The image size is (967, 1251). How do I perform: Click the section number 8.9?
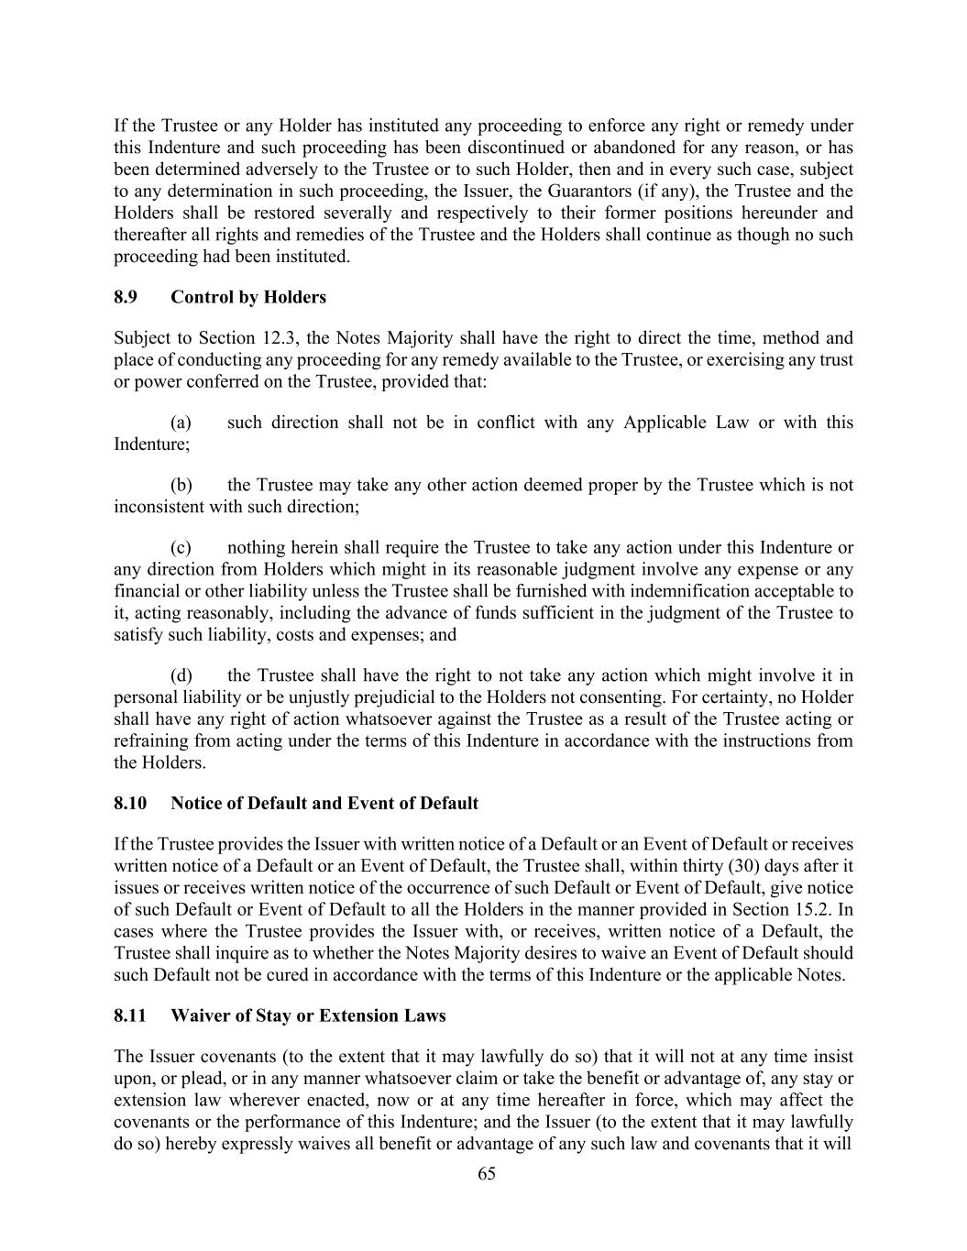pyautogui.click(x=126, y=298)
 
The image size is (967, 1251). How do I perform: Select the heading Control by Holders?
pyautogui.click(x=247, y=298)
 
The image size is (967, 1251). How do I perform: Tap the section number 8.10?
pyautogui.click(x=130, y=804)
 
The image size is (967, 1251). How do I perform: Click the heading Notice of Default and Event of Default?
pyautogui.click(x=324, y=804)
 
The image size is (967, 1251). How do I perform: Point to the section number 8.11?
pyautogui.click(x=130, y=1016)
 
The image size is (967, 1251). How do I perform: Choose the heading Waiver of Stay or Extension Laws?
pyautogui.click(x=308, y=1016)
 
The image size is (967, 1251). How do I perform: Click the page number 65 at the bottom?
pyautogui.click(x=487, y=1174)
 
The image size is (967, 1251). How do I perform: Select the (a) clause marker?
pyautogui.click(x=181, y=422)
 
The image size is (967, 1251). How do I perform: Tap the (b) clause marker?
pyautogui.click(x=181, y=485)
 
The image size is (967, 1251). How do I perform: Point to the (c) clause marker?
pyautogui.click(x=181, y=548)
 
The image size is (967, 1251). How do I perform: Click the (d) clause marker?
pyautogui.click(x=181, y=676)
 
